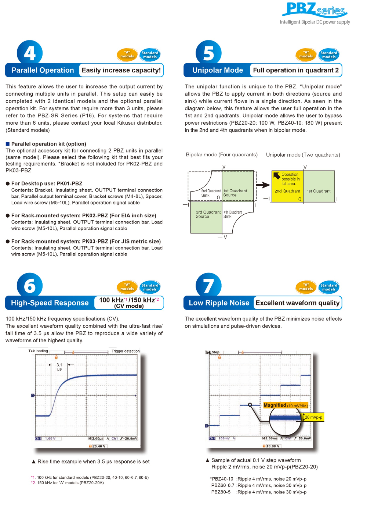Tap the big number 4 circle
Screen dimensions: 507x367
click(30, 53)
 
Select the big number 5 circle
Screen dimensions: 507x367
click(208, 53)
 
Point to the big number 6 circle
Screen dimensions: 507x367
click(30, 286)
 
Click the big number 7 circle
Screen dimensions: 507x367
click(208, 286)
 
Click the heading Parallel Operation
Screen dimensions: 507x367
click(43, 70)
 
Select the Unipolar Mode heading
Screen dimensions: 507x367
click(218, 70)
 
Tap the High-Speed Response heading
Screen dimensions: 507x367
click(50, 303)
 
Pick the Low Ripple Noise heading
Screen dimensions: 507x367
click(219, 303)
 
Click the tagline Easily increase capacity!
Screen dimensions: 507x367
click(121, 70)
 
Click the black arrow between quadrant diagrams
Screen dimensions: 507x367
click(263, 185)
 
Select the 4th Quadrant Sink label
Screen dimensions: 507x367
click(232, 214)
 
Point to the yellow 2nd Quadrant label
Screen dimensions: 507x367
click(287, 191)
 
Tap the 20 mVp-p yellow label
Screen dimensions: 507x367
click(313, 417)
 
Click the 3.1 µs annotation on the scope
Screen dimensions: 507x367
click(59, 367)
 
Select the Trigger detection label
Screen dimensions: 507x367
click(126, 351)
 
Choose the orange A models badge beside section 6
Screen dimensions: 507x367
click(127, 287)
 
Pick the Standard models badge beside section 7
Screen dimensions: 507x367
click(329, 287)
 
